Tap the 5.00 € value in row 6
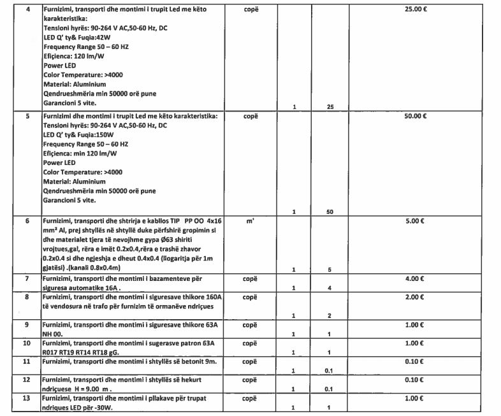coord(418,221)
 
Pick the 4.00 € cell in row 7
coord(418,279)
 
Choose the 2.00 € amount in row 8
coord(418,297)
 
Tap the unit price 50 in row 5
coord(330,211)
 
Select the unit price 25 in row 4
coord(330,106)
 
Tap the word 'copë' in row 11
coord(250,361)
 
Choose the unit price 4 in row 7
coord(330,288)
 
